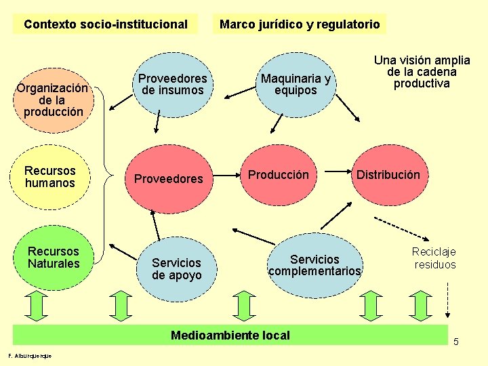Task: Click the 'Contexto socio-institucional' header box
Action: pos(105,24)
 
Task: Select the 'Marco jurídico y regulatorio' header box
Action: pos(300,24)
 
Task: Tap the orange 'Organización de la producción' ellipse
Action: pos(53,99)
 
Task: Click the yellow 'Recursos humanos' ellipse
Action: pos(50,177)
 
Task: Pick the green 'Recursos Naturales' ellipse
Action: pos(54,258)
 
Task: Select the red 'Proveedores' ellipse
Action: pos(169,178)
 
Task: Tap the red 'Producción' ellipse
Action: pos(278,176)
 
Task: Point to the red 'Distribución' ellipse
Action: pos(388,176)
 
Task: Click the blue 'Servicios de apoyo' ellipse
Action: pos(176,268)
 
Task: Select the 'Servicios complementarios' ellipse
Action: pos(314,265)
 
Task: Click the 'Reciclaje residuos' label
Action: pos(435,258)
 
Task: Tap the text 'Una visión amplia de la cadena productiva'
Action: pos(422,72)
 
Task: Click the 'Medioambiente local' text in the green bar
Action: pos(230,335)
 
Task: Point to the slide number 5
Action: pos(456,342)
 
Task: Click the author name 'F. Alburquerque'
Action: pos(30,357)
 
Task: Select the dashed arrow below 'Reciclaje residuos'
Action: pos(447,298)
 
